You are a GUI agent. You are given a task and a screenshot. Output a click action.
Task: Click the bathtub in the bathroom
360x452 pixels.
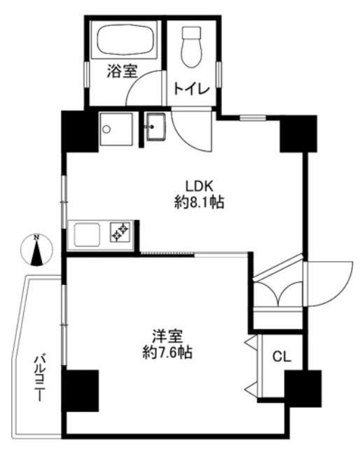pos(126,39)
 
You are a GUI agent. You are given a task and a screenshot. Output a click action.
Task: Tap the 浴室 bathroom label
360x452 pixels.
pos(122,71)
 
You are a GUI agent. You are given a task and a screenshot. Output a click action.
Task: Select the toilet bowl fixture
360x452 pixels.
pos(191,47)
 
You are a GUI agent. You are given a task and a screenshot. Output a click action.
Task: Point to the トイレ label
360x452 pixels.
pos(191,89)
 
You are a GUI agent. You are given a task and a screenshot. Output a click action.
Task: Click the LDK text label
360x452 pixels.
pos(199,186)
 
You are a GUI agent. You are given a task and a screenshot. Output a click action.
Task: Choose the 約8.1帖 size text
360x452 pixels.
pos(200,202)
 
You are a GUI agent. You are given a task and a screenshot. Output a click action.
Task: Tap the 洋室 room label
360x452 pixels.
pos(167,336)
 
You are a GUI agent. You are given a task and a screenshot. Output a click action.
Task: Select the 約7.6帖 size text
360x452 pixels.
pos(167,352)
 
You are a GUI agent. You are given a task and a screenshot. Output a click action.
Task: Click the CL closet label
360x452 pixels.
pos(282,357)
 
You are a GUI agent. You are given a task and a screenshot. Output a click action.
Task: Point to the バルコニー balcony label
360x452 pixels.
pos(40,378)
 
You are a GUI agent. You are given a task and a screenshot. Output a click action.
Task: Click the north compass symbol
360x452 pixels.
pos(36,249)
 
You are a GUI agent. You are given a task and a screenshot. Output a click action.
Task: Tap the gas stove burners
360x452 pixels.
pos(120,232)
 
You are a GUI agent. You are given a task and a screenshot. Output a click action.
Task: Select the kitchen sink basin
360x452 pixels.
pos(87,234)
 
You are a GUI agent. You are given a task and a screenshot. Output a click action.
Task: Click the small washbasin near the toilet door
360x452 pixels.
pos(155,127)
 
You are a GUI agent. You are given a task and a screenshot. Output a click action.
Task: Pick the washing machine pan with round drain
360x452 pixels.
pos(116,129)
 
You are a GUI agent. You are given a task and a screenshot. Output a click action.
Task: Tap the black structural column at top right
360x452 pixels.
pos(298,134)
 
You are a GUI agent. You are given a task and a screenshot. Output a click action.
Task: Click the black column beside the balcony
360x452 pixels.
pos(80,391)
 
